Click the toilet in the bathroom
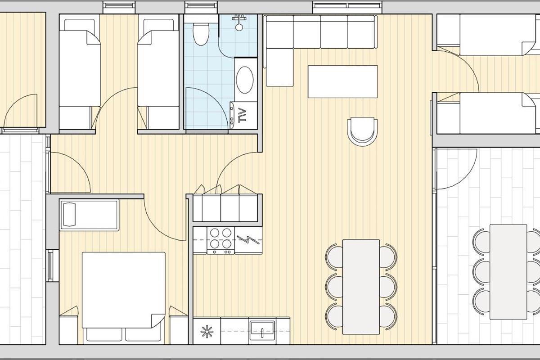pyautogui.click(x=201, y=34)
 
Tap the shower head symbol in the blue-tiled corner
pyautogui.click(x=239, y=23)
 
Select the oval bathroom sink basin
pyautogui.click(x=245, y=80)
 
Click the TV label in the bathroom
pyautogui.click(x=242, y=116)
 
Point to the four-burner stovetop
pyautogui.click(x=220, y=240)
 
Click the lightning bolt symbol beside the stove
pyautogui.click(x=248, y=240)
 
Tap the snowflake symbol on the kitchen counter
pyautogui.click(x=207, y=331)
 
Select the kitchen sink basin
pyautogui.click(x=262, y=330)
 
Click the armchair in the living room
pyautogui.click(x=362, y=131)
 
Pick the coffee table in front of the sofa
pyautogui.click(x=342, y=81)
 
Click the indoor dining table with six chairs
pyautogui.click(x=361, y=287)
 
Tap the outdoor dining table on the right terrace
pyautogui.click(x=508, y=272)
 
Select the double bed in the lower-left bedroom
pyautogui.click(x=124, y=290)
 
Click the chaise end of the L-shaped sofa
pyautogui.click(x=279, y=67)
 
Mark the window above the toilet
pyautogui.click(x=201, y=8)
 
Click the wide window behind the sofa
pyautogui.click(x=347, y=8)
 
